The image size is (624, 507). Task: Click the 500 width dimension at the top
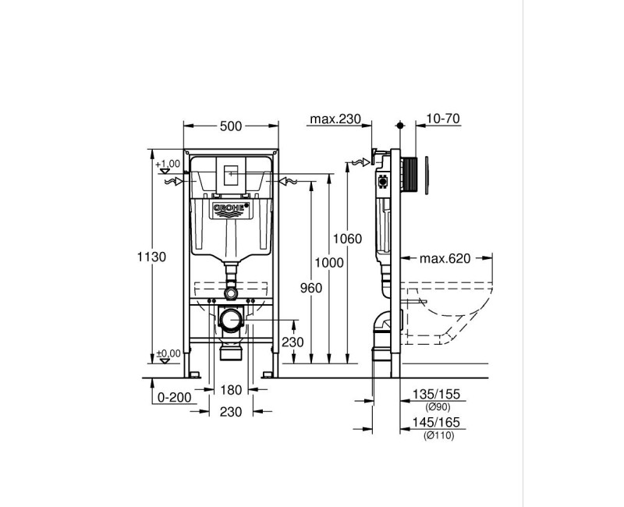coord(231,126)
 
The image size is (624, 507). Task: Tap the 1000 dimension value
coord(330,264)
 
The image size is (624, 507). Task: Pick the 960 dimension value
coord(310,288)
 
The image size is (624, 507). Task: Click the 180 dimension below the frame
coord(231,390)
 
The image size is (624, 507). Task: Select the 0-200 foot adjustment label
coord(174,397)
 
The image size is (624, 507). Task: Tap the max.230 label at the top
coord(335,119)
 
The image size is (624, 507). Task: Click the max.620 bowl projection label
coord(445,258)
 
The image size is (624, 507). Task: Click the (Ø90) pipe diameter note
coord(438,408)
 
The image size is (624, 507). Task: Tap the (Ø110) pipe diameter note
coord(438,435)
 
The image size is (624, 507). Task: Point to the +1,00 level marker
coord(168,164)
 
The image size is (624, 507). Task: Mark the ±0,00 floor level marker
coord(168,353)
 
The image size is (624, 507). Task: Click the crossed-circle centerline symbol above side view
coord(400,125)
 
